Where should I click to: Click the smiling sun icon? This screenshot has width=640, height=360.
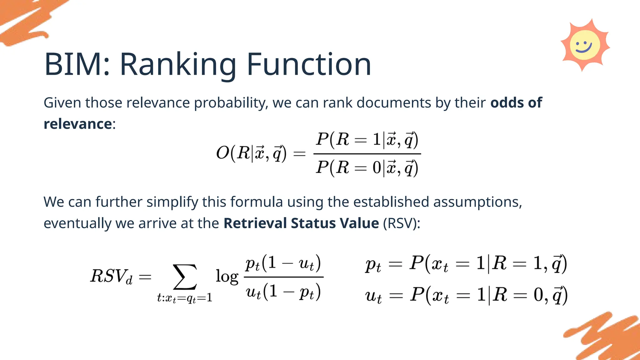(x=585, y=45)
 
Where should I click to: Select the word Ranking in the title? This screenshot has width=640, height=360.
(x=178, y=65)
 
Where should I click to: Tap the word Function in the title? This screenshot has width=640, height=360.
(x=309, y=65)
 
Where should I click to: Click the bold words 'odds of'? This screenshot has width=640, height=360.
(x=516, y=103)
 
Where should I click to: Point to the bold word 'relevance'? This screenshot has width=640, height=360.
(x=77, y=124)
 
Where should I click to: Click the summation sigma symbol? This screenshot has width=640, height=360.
(x=185, y=277)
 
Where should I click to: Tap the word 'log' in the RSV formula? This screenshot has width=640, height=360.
(x=227, y=277)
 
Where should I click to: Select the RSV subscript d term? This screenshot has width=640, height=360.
(x=111, y=276)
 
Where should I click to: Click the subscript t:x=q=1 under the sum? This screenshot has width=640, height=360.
(x=185, y=298)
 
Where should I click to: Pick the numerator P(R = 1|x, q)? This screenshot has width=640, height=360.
(x=367, y=139)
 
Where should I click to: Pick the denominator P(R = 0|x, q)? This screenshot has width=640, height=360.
(x=367, y=167)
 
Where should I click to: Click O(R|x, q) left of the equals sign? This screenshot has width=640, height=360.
(x=251, y=153)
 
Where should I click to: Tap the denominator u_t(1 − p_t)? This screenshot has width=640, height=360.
(x=283, y=292)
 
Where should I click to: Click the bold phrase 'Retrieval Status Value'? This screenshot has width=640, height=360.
(x=301, y=223)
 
